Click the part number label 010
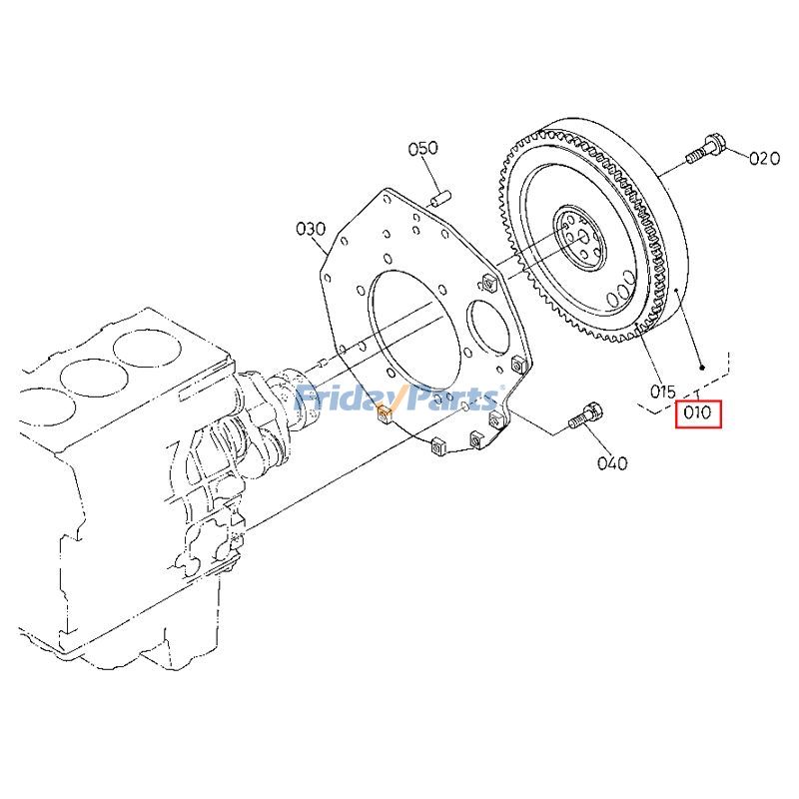click(x=697, y=411)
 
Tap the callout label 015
click(x=663, y=392)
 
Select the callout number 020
click(x=764, y=159)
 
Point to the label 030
click(x=311, y=229)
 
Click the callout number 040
click(x=612, y=463)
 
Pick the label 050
click(x=422, y=148)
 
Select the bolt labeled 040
click(x=586, y=414)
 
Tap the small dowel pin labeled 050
click(x=439, y=198)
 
